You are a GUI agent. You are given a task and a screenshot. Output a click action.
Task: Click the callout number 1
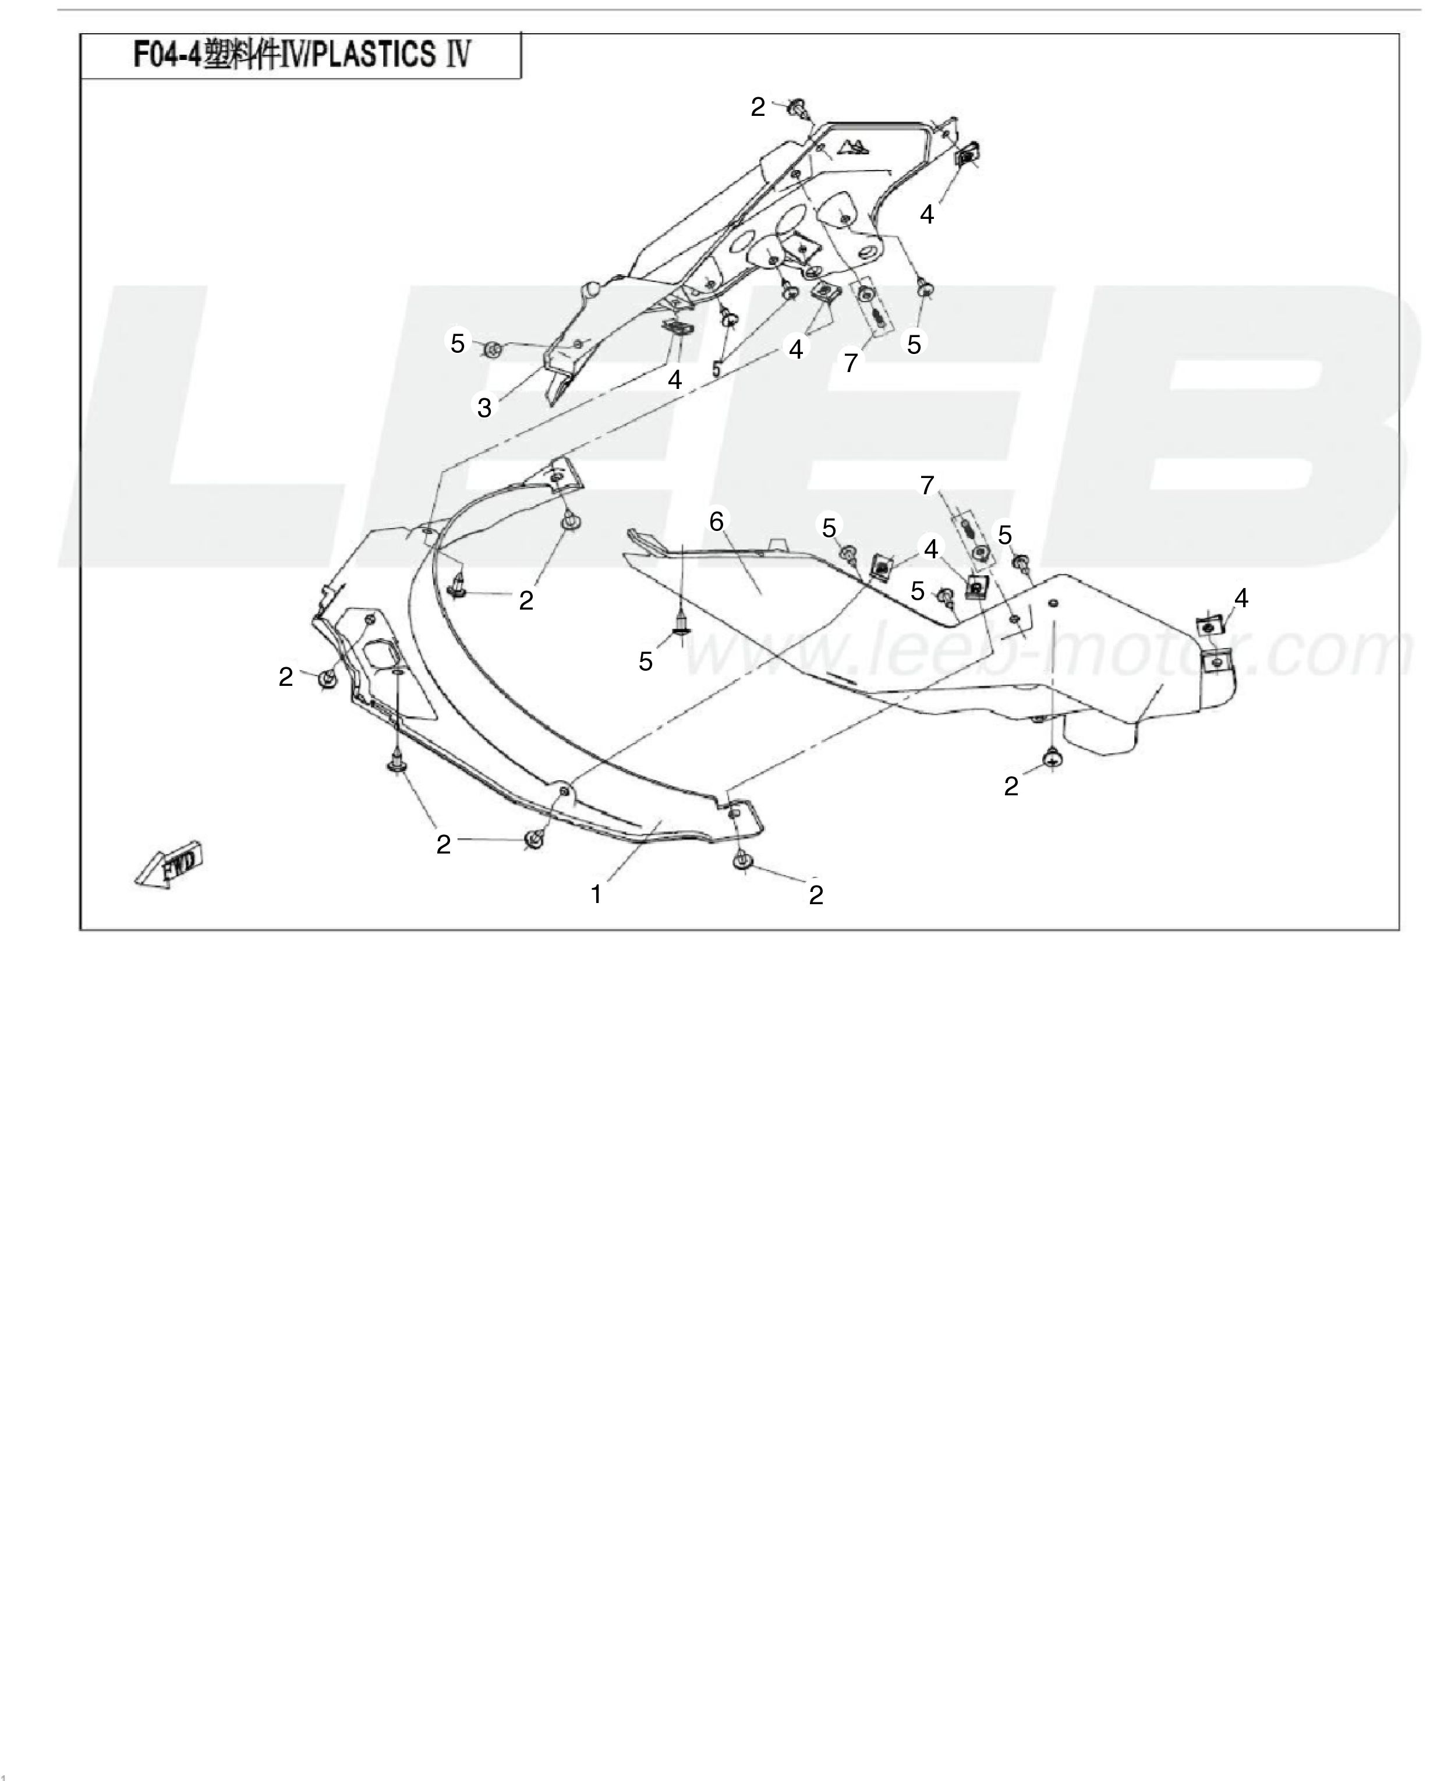point(596,895)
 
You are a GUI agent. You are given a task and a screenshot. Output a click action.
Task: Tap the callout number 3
point(484,407)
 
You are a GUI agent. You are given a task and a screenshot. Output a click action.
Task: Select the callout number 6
point(716,521)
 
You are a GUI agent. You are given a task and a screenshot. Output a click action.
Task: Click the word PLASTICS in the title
point(375,55)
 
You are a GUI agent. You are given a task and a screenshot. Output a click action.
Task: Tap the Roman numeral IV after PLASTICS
point(458,55)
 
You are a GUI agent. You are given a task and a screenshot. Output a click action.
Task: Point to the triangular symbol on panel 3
point(854,147)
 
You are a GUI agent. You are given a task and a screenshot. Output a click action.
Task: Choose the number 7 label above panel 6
point(927,486)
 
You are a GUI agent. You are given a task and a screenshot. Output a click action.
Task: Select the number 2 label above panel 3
point(758,107)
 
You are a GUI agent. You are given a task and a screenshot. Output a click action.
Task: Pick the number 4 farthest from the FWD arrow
point(1241,598)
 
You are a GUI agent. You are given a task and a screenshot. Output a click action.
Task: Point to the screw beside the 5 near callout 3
point(493,349)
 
